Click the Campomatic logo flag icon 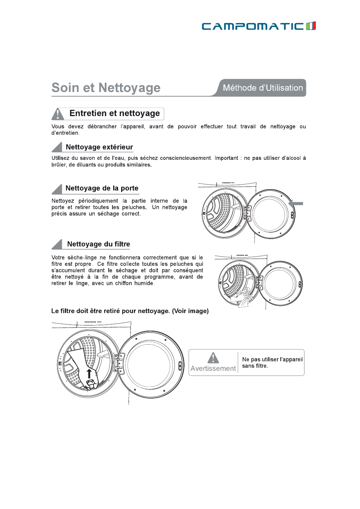point(311,26)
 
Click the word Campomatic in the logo point(253,26)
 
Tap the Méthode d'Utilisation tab point(263,88)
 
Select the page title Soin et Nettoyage point(106,88)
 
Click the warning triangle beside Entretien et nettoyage point(58,113)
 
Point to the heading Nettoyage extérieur point(99,147)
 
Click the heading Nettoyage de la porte point(102,188)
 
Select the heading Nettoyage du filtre point(98,244)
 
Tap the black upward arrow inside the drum point(89,373)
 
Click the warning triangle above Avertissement point(213,357)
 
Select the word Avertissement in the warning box point(213,368)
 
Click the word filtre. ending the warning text point(261,366)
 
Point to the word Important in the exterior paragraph point(226,158)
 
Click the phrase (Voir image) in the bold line point(190,311)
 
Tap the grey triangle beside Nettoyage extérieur point(57,147)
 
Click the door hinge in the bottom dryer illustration point(120,363)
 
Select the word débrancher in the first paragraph point(102,126)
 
